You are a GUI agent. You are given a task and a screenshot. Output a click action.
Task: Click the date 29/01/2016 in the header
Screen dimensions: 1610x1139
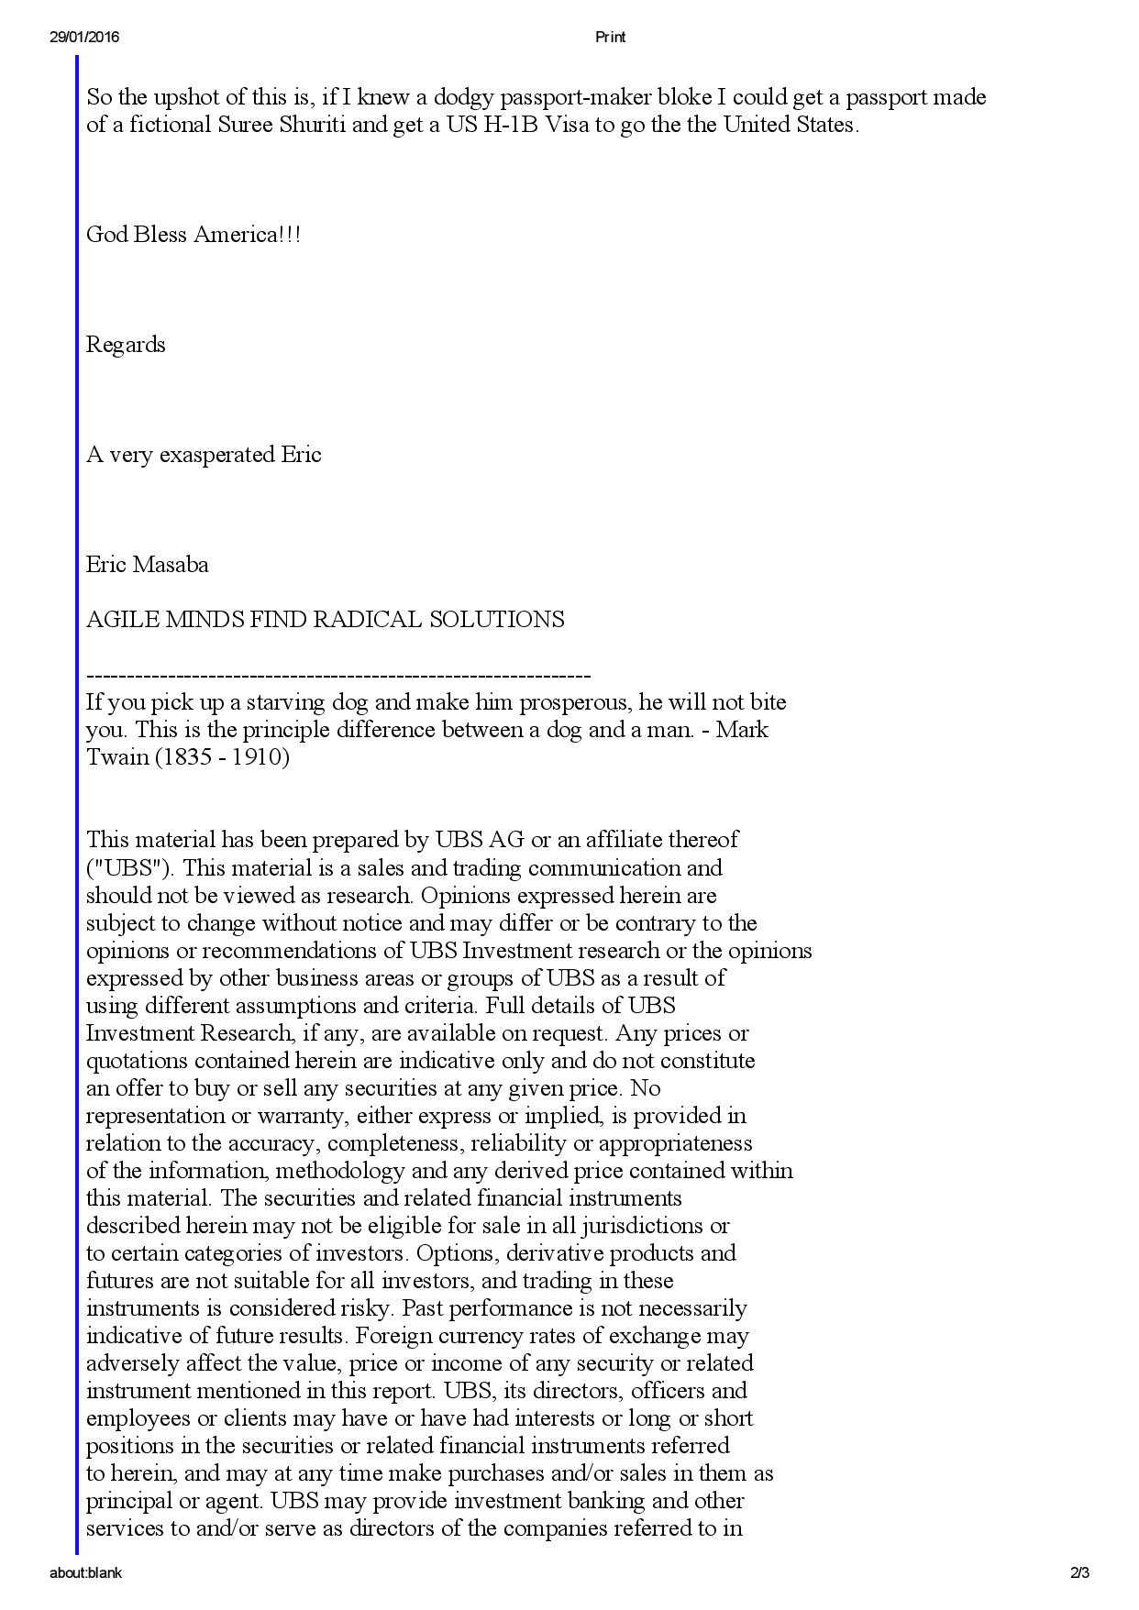84,37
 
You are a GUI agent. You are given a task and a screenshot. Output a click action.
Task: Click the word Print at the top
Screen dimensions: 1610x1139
610,37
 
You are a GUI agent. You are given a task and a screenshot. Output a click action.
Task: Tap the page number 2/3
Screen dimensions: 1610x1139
1079,1573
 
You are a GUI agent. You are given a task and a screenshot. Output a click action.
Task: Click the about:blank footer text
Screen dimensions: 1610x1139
85,1573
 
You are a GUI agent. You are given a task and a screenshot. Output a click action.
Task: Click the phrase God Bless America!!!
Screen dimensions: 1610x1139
194,235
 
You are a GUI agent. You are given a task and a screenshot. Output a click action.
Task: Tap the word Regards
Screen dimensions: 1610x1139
126,345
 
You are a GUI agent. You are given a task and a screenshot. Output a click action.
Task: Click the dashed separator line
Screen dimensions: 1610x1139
338,677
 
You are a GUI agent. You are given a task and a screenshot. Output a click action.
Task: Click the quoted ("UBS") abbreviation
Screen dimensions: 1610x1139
127,867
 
